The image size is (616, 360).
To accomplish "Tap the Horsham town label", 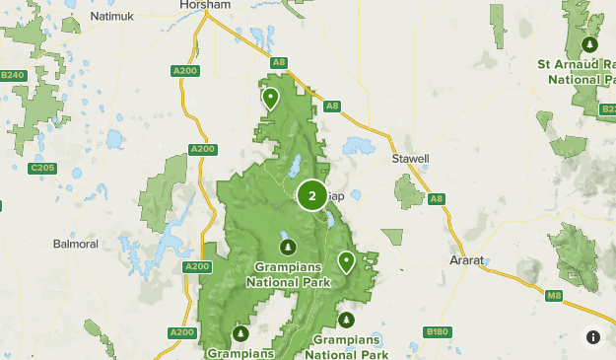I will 205,5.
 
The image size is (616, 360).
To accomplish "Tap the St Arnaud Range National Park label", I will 576,71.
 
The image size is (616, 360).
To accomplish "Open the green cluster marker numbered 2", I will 312,195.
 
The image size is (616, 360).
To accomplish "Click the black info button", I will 593,336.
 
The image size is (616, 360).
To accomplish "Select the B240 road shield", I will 12,75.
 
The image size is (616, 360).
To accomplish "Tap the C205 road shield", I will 42,168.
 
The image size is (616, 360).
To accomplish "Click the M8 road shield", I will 555,294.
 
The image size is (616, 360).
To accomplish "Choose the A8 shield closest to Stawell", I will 437,199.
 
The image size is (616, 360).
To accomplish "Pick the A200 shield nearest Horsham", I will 184,71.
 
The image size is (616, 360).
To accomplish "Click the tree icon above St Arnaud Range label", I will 589,44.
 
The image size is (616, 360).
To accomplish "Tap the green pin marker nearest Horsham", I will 270,98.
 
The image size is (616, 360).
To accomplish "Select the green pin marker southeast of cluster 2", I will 346,261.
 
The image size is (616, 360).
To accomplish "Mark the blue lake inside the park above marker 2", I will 295,161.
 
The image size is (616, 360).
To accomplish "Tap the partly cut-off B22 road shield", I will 608,109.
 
